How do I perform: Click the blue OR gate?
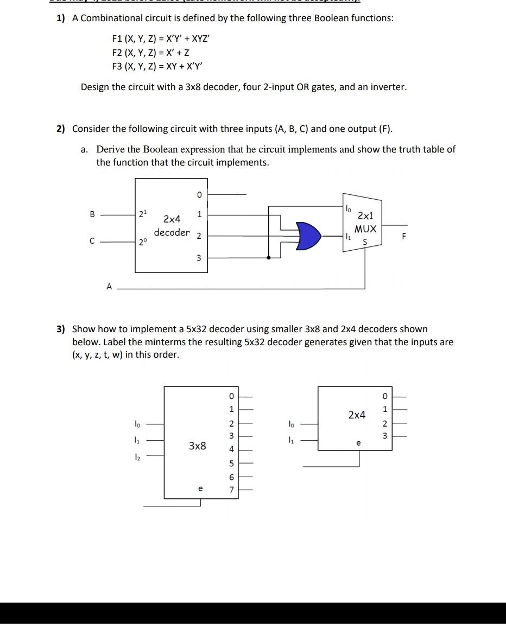[308, 235]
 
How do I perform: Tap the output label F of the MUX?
[402, 237]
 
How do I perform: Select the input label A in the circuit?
[109, 287]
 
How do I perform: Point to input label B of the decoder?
[92, 214]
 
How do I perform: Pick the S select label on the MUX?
[364, 242]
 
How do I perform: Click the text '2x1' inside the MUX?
[365, 215]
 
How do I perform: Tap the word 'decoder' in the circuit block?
[172, 233]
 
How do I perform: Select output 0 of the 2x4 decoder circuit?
[199, 193]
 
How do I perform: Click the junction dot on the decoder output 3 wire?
[268, 257]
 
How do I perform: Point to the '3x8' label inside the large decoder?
[197, 446]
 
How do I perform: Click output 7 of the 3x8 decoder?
[231, 490]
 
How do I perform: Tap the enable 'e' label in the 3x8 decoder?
[200, 489]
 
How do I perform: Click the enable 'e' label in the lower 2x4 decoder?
[358, 443]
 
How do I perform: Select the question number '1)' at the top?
[60, 18]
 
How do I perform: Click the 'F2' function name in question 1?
[117, 53]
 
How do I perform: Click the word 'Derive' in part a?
[110, 149]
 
